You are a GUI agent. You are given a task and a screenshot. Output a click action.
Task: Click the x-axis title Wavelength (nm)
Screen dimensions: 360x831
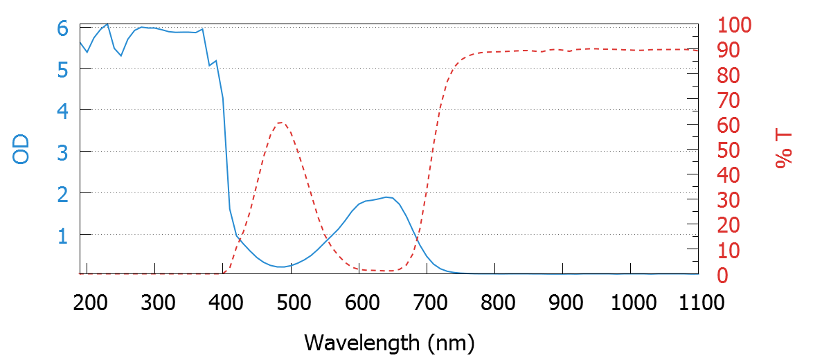389,342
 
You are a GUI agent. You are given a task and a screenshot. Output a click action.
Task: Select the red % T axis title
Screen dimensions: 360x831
783,150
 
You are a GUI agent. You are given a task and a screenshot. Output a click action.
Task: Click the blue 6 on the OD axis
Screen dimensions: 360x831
63,28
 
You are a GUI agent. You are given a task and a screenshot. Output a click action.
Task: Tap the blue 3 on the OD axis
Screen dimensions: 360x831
63,152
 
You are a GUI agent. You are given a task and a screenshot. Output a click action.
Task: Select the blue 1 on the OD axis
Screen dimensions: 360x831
63,235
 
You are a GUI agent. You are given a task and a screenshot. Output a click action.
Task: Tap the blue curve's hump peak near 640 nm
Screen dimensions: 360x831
386,197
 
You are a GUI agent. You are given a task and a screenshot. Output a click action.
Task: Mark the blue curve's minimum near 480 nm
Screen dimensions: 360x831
280,267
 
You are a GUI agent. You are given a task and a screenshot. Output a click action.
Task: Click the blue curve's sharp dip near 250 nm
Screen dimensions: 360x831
121,55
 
